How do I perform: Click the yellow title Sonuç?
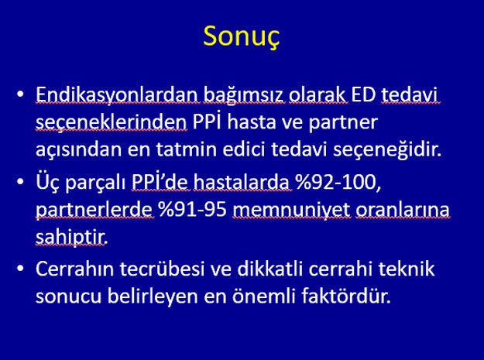pos(242,37)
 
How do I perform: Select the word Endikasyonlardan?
pos(117,94)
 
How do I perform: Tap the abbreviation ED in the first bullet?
pos(363,94)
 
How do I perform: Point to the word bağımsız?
pos(243,95)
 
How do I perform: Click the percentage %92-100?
pos(338,182)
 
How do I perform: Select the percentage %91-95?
pos(193,210)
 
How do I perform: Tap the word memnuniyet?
pos(292,211)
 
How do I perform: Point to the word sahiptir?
pos(71,238)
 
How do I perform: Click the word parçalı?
pos(95,183)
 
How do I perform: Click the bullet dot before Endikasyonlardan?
pos(20,94)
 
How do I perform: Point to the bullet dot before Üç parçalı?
pos(20,181)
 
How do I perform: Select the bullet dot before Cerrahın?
pos(20,268)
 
